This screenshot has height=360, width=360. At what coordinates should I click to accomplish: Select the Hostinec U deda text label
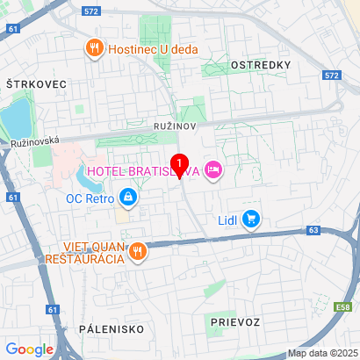[152, 49]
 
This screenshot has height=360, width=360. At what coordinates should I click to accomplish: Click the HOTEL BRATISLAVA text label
[140, 169]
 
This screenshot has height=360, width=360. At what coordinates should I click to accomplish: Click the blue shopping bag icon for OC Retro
[128, 198]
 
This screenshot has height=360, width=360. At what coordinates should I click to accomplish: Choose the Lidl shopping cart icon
[252, 219]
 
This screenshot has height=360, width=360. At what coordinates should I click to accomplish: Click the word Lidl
[227, 220]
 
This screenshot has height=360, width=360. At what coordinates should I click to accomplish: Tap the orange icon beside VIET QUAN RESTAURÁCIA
[136, 253]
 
